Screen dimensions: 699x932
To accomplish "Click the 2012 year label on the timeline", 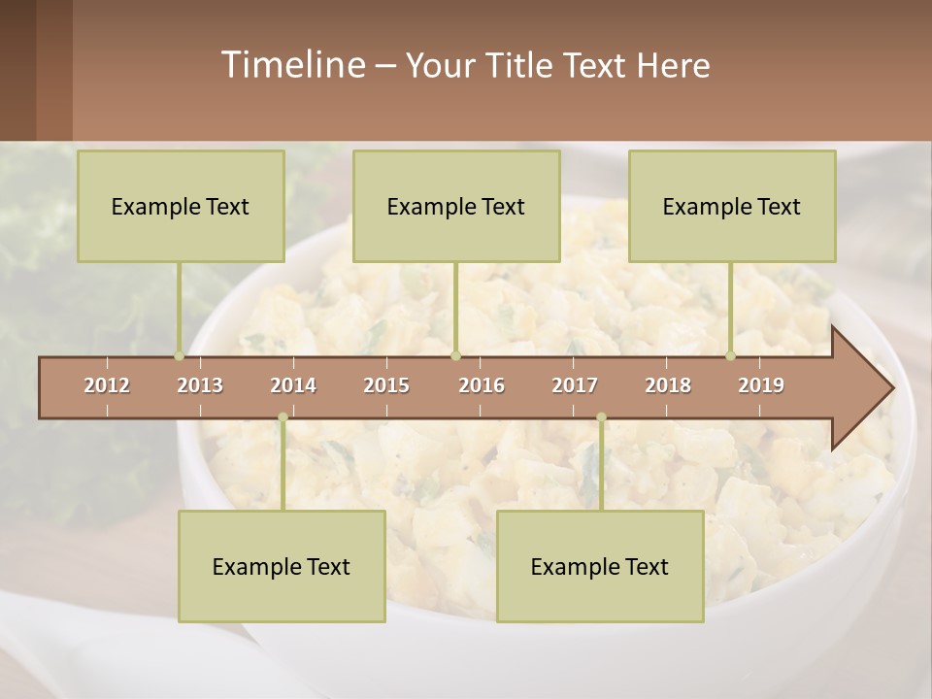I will pyautogui.click(x=107, y=385).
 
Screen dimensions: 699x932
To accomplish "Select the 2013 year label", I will pyautogui.click(x=200, y=385).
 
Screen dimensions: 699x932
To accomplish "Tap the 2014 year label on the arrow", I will pyautogui.click(x=293, y=385).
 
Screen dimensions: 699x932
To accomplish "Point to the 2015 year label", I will pyautogui.click(x=386, y=385).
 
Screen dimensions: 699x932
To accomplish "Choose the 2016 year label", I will pyautogui.click(x=482, y=385).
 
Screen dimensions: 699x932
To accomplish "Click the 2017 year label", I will pyautogui.click(x=575, y=385).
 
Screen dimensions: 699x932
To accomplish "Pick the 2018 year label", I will pyautogui.click(x=668, y=385).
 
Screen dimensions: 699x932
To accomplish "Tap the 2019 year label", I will pyautogui.click(x=761, y=385).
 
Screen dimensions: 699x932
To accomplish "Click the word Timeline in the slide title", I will pyautogui.click(x=291, y=65).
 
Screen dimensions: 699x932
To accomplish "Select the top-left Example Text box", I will pyautogui.click(x=181, y=206).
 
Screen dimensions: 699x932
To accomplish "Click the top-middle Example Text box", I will pyautogui.click(x=456, y=206).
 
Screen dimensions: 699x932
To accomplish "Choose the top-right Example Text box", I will pyautogui.click(x=732, y=206).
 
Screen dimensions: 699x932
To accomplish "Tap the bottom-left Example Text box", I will pyautogui.click(x=282, y=566).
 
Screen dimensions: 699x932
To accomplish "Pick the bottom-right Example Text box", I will pyautogui.click(x=600, y=566).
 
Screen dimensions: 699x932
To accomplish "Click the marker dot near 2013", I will pyautogui.click(x=180, y=355).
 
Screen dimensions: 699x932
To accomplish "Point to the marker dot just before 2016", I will pyautogui.click(x=455, y=355).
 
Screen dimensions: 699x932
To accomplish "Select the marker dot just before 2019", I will pyautogui.click(x=731, y=355).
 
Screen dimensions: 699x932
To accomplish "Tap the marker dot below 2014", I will pyautogui.click(x=283, y=417).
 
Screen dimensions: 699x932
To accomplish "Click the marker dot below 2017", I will pyautogui.click(x=601, y=417).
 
